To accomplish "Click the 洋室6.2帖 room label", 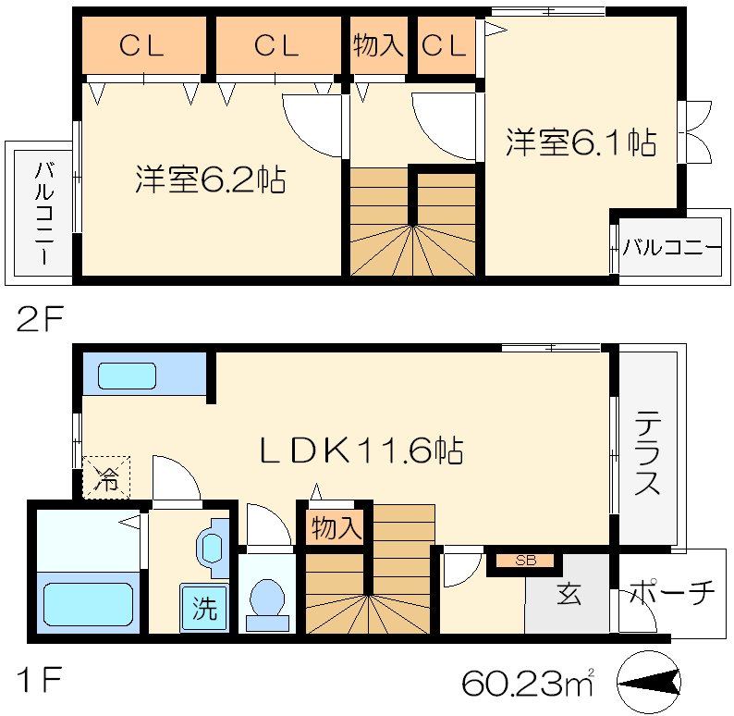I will point(210,178).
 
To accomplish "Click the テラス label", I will point(648,454).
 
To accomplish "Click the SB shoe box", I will point(525,561).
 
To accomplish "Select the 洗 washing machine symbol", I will point(204,609).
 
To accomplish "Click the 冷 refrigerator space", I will point(107,478).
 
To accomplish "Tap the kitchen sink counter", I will point(143,376).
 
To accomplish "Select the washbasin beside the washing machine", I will point(212,548).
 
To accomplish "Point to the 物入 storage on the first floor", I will point(335,528).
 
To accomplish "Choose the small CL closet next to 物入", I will point(446,45).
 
